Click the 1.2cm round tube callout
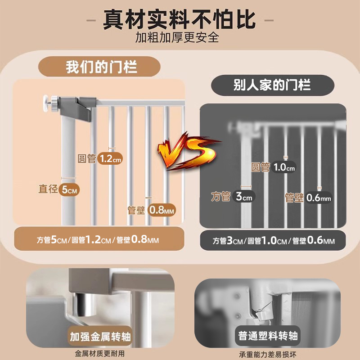point(110,158)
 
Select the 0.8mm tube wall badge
point(162,209)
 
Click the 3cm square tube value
point(244,197)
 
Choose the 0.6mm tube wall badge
point(319,197)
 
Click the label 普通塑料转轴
point(269,336)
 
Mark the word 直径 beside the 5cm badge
point(48,189)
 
